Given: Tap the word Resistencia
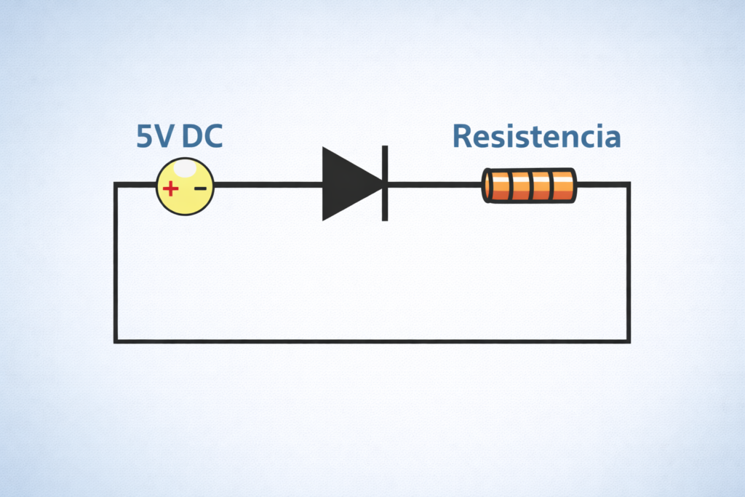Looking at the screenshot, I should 536,136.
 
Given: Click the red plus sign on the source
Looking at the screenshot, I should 170,189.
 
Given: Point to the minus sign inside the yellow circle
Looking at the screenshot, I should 200,188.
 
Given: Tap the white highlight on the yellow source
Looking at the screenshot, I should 186,169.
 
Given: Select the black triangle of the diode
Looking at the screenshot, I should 348,184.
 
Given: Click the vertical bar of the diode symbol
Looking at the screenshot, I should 384,183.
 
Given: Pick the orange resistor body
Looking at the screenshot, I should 530,185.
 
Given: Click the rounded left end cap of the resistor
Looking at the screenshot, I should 487,185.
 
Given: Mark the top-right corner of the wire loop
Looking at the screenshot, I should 628,185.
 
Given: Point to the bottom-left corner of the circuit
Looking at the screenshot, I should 116,341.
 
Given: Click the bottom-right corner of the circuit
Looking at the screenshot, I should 628,341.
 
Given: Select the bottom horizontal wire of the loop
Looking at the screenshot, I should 371,341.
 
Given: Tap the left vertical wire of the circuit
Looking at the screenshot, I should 116,262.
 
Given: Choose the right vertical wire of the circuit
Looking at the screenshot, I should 628,262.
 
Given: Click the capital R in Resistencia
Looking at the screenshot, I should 461,136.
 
